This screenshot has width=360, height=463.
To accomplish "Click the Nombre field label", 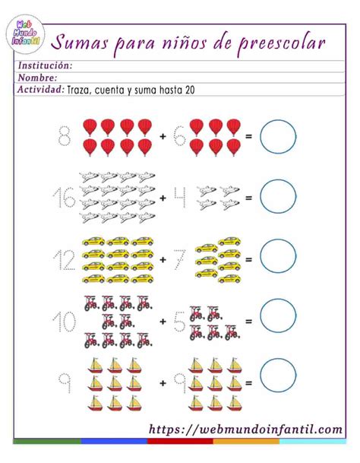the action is [x=37, y=78].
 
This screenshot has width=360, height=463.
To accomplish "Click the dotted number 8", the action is [x=65, y=137].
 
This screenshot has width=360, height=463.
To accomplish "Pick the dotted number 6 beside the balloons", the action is [x=179, y=137].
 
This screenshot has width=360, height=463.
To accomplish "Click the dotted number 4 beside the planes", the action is [x=179, y=197].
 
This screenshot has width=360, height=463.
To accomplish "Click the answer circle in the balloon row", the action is [x=277, y=137].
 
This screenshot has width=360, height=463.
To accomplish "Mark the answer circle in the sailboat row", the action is [x=277, y=376].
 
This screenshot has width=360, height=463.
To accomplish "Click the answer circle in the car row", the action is [x=277, y=257].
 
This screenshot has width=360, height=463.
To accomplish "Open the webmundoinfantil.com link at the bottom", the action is [x=245, y=430].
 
